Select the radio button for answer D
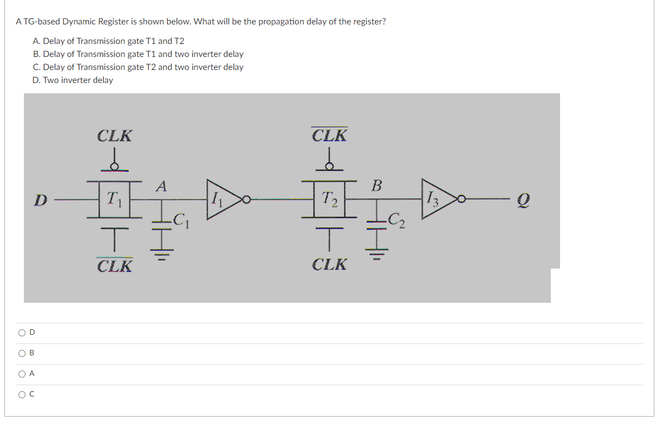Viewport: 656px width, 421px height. (x=22, y=333)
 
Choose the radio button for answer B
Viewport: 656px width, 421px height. (x=22, y=353)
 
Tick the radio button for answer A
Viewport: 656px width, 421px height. (x=22, y=374)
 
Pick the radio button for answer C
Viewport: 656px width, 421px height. (x=22, y=394)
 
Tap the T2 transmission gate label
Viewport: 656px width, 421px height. (x=330, y=199)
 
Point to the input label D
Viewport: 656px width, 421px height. (x=40, y=200)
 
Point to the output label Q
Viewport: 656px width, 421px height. (x=525, y=201)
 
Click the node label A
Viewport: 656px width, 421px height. (x=160, y=186)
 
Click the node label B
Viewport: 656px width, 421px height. (x=377, y=186)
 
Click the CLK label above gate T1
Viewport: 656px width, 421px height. (x=114, y=136)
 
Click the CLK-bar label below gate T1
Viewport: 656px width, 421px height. (x=114, y=266)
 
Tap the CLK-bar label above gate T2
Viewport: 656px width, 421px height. (x=330, y=135)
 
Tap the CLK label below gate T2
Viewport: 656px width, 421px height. (x=330, y=265)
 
